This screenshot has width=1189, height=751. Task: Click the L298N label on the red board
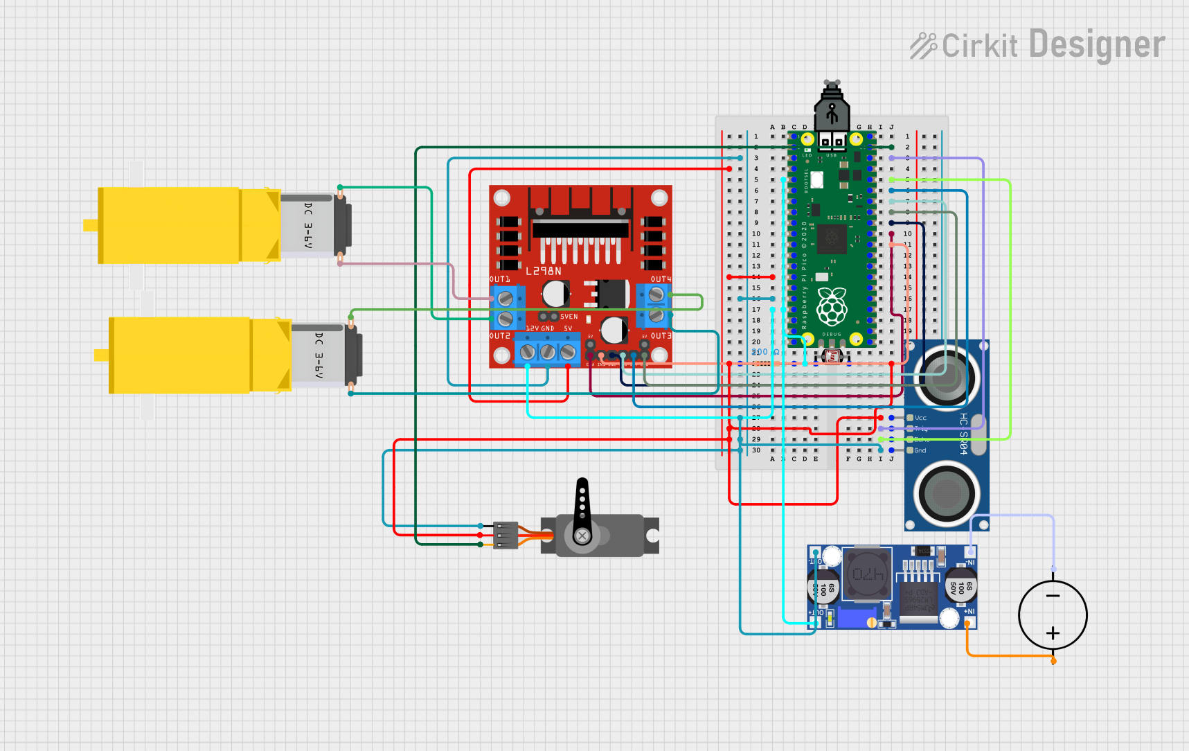[x=544, y=271]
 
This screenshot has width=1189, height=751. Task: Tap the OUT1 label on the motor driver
[x=499, y=279]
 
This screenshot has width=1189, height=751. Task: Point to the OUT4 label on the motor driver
[x=661, y=279]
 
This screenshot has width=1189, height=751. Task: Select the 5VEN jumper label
[x=569, y=317]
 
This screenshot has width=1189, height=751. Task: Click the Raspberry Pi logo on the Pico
[x=832, y=306]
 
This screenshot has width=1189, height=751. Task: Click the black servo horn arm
[x=582, y=502]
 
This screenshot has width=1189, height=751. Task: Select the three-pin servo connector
[x=506, y=535]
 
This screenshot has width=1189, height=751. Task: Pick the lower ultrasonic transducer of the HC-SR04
[x=946, y=494]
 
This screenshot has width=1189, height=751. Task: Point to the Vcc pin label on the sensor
[x=920, y=418]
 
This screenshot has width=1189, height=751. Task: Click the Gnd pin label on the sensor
[x=920, y=450]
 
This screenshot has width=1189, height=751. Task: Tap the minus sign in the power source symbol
[x=1053, y=596]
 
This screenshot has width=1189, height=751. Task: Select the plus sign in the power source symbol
[x=1053, y=633]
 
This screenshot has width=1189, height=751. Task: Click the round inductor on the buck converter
[x=868, y=574]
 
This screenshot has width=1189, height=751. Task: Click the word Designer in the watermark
[x=1097, y=45]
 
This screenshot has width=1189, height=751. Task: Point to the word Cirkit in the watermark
[x=979, y=46]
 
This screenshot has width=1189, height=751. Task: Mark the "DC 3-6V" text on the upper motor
[x=308, y=225]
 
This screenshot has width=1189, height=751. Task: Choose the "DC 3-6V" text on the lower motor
[x=319, y=355]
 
